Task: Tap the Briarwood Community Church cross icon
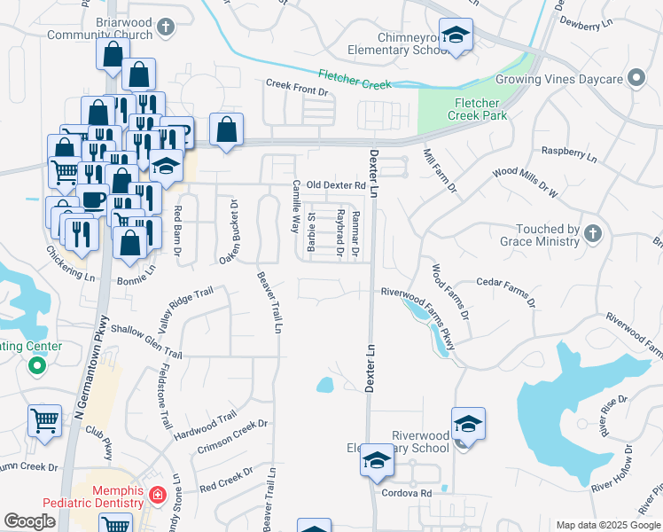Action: coord(165,28)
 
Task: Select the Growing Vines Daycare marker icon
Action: coord(636,79)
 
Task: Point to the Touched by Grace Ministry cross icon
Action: coord(594,234)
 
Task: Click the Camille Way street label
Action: coord(296,207)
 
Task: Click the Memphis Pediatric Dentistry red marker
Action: coord(157,494)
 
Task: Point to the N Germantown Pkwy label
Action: coord(94,368)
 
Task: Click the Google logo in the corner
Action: coord(29,521)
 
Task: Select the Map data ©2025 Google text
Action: coord(607,525)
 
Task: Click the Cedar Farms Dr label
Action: coord(506,291)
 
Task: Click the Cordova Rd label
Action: coord(406,493)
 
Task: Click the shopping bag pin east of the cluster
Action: coord(227,129)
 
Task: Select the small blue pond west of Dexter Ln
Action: coord(325,385)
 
